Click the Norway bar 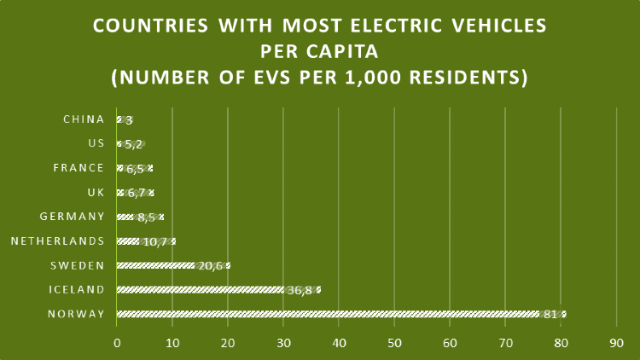(341, 314)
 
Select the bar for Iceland (218, 290)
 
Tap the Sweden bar (173, 265)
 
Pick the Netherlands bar (146, 241)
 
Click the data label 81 (550, 314)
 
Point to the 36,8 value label (300, 291)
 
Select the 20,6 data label (211, 266)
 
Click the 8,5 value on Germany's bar (147, 218)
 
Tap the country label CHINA (84, 119)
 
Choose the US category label (96, 143)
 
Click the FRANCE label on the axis (79, 168)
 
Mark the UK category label (96, 192)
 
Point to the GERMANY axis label (73, 217)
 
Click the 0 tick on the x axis (117, 343)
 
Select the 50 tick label (395, 343)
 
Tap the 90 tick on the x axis (617, 343)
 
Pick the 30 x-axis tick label (283, 343)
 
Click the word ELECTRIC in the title (396, 26)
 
